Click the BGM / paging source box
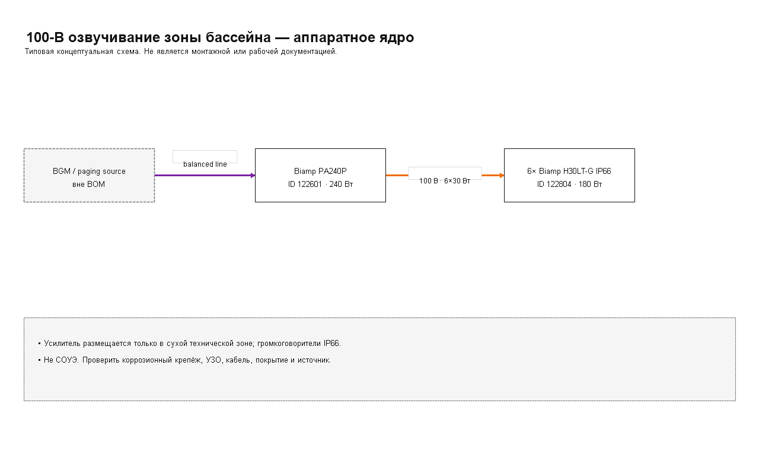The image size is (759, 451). [89, 175]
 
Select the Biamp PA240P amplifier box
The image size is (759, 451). [320, 175]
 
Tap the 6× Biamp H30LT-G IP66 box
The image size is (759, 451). [569, 175]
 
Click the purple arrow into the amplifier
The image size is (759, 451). [205, 175]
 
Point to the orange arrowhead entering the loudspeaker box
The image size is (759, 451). [502, 175]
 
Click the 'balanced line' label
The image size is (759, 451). [205, 164]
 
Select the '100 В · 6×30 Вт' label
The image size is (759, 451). [445, 181]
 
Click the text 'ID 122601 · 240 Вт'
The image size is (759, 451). [320, 184]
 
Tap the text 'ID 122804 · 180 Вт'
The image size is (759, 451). [569, 184]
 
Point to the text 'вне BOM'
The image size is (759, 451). [89, 184]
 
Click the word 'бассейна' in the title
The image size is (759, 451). [238, 37]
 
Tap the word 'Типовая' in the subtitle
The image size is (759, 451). [39, 52]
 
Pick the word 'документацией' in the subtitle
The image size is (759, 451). [309, 52]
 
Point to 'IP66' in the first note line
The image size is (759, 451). [331, 343]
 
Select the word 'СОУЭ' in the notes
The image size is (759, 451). [67, 360]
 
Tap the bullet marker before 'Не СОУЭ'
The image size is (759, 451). [40, 360]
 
